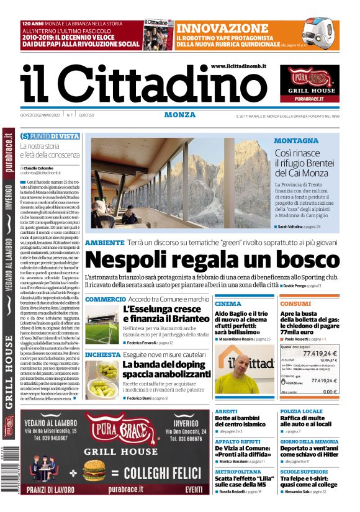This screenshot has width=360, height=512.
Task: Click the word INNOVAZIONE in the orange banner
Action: click(222, 29)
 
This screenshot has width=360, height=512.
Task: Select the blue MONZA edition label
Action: click(180, 115)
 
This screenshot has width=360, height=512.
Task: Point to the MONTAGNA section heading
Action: click(296, 141)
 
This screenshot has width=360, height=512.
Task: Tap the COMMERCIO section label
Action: click(105, 299)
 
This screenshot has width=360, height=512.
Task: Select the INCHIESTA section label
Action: click(102, 354)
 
